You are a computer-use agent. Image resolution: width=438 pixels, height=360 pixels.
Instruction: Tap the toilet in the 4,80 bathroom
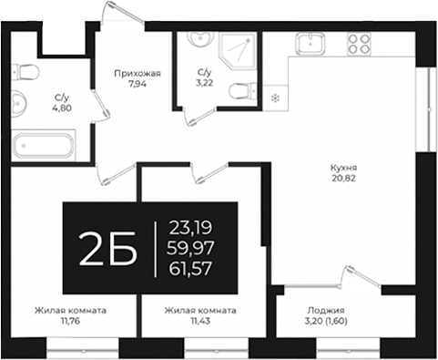pyautogui.click(x=25, y=73)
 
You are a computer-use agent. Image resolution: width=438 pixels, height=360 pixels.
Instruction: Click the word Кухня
pyautogui.click(x=343, y=168)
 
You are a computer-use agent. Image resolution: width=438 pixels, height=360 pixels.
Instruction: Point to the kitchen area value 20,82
pyautogui.click(x=343, y=180)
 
